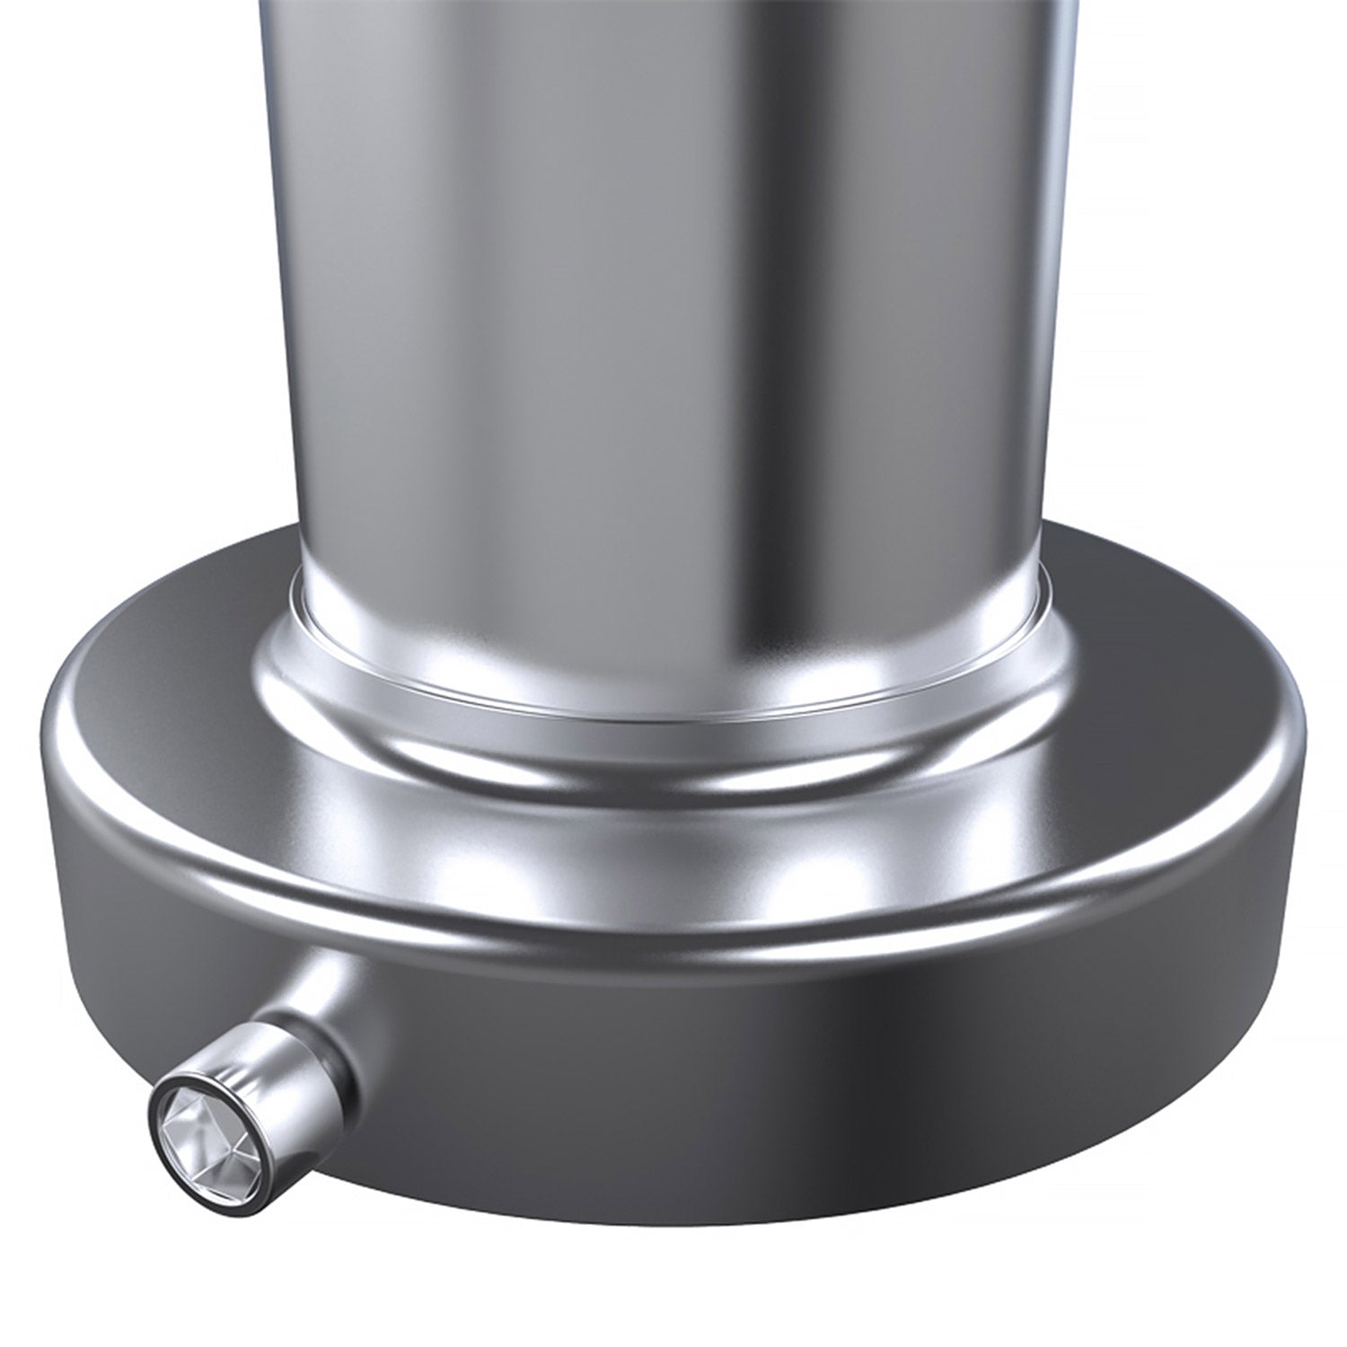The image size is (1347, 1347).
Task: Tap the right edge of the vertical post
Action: (1060, 269)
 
